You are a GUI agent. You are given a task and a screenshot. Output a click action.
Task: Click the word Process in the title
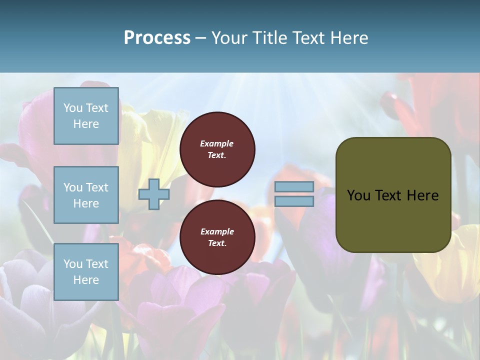157,38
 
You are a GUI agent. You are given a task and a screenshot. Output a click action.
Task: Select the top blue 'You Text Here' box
86,116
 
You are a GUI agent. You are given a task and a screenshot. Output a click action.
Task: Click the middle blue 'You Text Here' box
86,195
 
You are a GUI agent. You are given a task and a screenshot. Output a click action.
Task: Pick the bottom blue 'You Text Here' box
86,272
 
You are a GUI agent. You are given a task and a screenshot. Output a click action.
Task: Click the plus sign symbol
154,194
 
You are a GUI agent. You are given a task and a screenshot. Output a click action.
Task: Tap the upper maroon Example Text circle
217,149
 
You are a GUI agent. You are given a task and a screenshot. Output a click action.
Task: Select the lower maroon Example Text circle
217,237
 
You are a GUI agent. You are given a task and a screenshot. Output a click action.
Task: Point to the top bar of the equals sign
294,187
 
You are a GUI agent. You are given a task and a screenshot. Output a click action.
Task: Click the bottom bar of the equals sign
294,201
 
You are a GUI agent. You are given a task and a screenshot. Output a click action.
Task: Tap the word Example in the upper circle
217,143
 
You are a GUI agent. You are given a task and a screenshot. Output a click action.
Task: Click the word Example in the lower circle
217,231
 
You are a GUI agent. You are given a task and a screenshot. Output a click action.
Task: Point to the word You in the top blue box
73,108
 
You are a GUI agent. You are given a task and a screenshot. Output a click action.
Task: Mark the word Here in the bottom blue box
86,280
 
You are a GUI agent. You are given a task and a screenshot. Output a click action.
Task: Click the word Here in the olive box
423,195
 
